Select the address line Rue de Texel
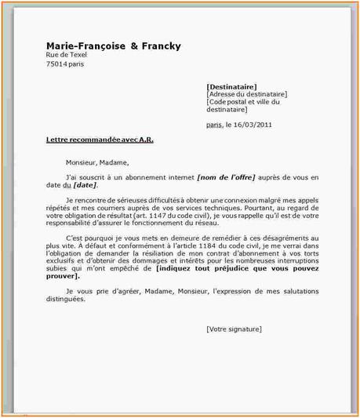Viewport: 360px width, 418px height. click(67, 56)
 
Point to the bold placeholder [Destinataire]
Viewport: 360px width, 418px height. click(231, 86)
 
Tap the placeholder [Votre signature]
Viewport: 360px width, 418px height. click(234, 329)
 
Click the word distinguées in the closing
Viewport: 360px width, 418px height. click(68, 299)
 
